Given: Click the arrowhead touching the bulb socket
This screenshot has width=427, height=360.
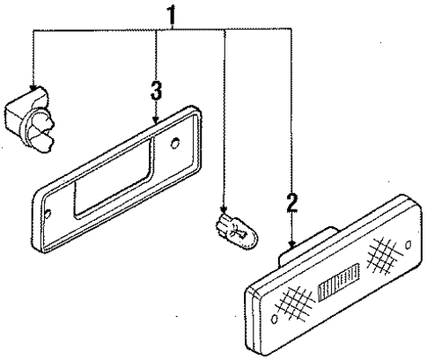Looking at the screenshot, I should [33, 89].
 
